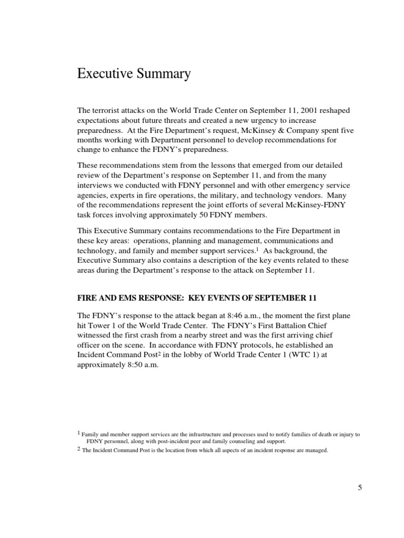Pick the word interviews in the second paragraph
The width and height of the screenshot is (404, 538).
coord(96,185)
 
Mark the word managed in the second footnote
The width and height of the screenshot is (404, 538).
coord(314,450)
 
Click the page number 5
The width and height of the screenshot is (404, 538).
coord(360,488)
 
